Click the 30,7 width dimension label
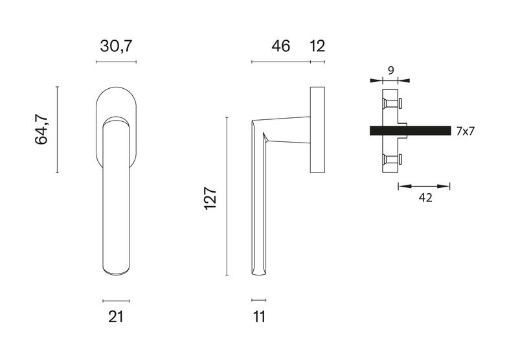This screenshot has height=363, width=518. [116, 46]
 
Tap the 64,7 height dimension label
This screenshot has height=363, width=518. [41, 130]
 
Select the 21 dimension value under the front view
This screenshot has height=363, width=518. [116, 317]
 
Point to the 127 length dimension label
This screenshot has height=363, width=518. [210, 198]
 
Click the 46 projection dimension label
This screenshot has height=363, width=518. [281, 46]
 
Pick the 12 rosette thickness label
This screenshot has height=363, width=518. [318, 46]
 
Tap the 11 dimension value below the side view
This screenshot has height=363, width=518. [260, 317]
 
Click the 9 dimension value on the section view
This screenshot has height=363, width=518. [391, 71]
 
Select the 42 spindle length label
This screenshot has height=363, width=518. [425, 198]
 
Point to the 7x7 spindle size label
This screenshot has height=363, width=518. [465, 131]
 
